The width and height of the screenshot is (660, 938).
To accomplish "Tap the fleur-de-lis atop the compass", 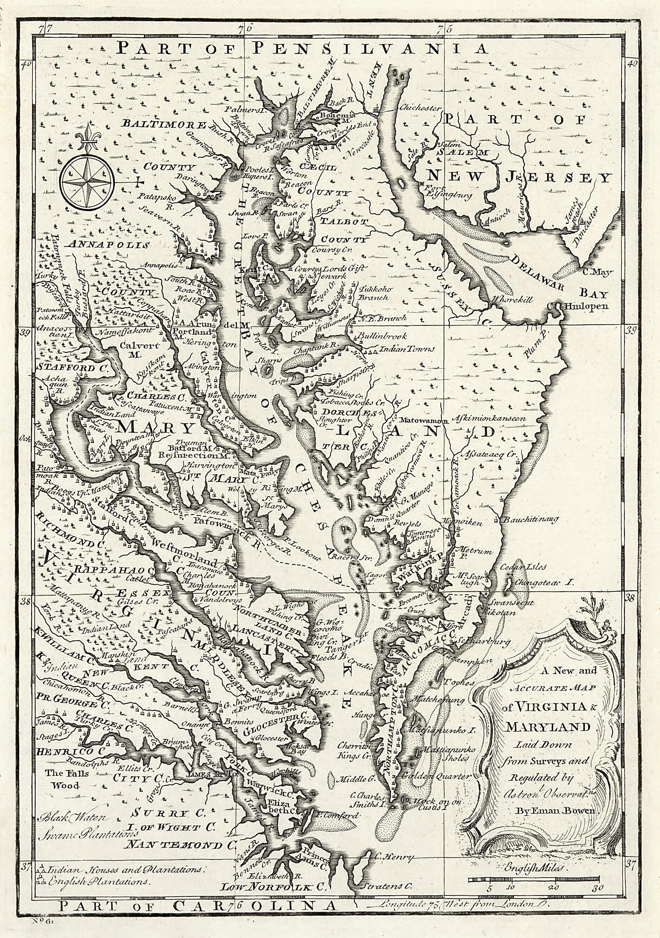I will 88,139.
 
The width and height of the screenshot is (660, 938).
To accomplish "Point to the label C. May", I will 595,272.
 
